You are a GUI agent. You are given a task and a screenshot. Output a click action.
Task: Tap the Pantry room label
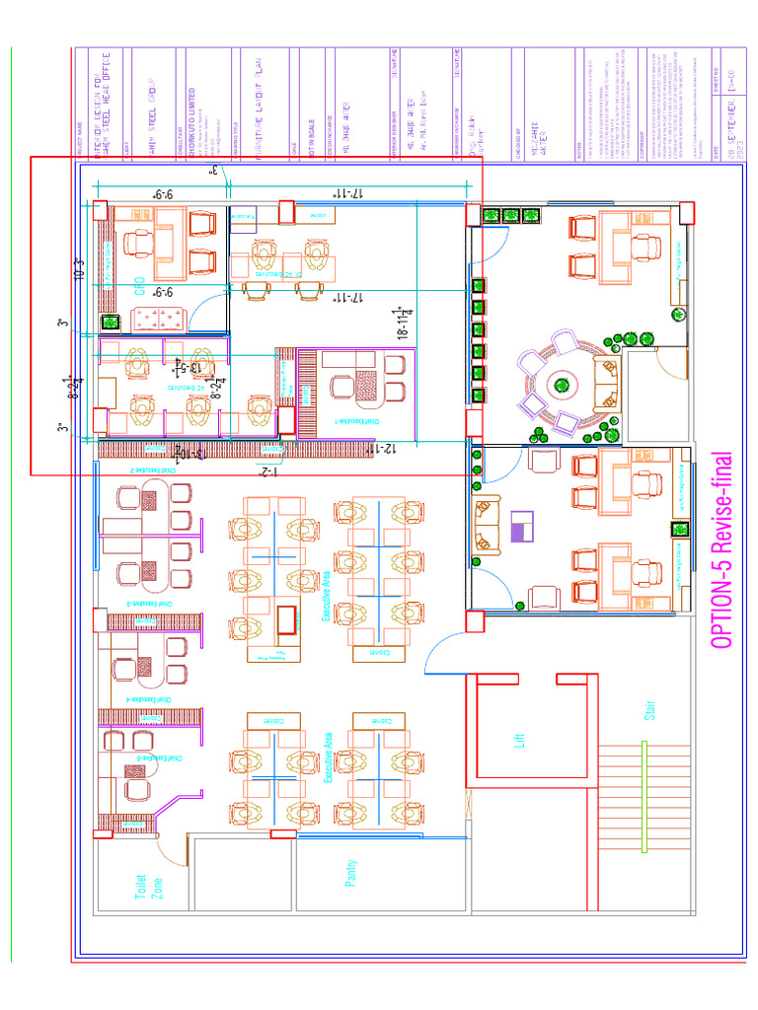[x=350, y=874]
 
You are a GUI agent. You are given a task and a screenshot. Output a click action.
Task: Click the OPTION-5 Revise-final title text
[x=722, y=550]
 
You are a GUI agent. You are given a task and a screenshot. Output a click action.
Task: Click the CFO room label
[x=140, y=287]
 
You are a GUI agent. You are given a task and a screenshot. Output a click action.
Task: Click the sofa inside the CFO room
[x=158, y=319]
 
